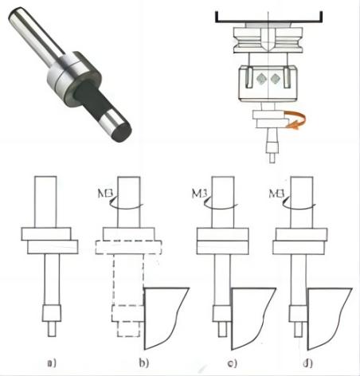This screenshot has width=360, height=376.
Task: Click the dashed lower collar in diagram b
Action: (128, 248)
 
